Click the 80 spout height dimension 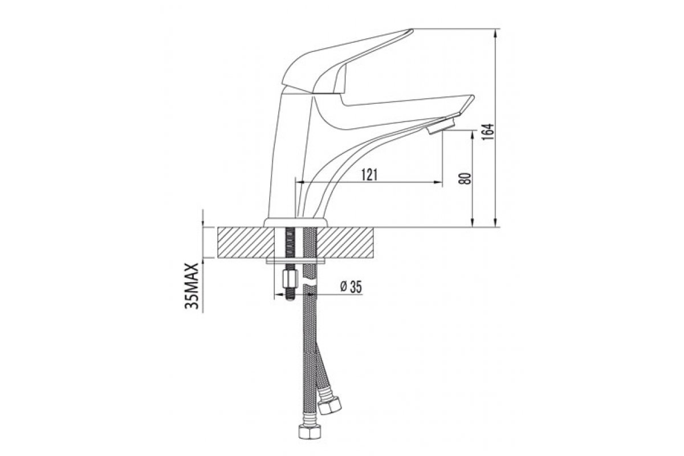(x=465, y=178)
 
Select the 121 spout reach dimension (x=369, y=174)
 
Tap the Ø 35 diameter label (x=351, y=287)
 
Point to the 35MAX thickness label (x=192, y=286)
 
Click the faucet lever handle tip (x=412, y=30)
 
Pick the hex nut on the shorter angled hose (x=330, y=406)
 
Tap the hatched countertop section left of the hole (x=246, y=243)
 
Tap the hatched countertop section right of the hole (x=345, y=243)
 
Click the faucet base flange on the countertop (x=295, y=223)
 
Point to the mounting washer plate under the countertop (x=296, y=261)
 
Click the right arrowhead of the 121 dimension (x=438, y=182)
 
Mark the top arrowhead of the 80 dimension (x=473, y=135)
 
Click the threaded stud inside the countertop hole (x=289, y=243)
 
